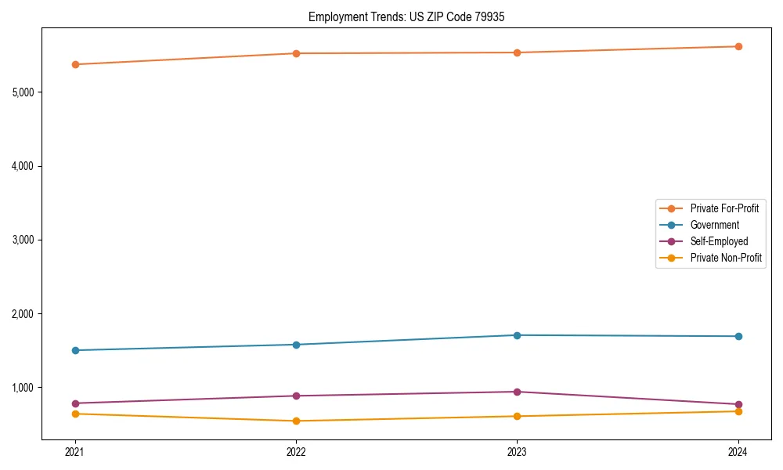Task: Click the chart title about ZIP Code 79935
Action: pos(412,16)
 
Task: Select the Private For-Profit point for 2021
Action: pos(75,64)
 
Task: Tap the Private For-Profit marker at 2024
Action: pos(738,46)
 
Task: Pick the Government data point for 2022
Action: pos(296,345)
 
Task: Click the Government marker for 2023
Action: pos(517,335)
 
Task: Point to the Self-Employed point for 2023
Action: pos(517,392)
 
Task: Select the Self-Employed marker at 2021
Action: pos(75,403)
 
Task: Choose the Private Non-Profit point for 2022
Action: pos(296,421)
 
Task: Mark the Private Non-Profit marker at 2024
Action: pos(738,411)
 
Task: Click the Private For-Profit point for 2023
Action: pos(517,52)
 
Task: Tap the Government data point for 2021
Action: pos(75,350)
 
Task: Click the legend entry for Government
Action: pos(714,225)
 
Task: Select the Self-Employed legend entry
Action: pos(719,241)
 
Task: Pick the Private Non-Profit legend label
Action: pos(726,258)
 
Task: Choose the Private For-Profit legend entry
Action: pos(724,208)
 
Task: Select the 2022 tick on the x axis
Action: pos(296,452)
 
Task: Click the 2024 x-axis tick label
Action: pos(738,452)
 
